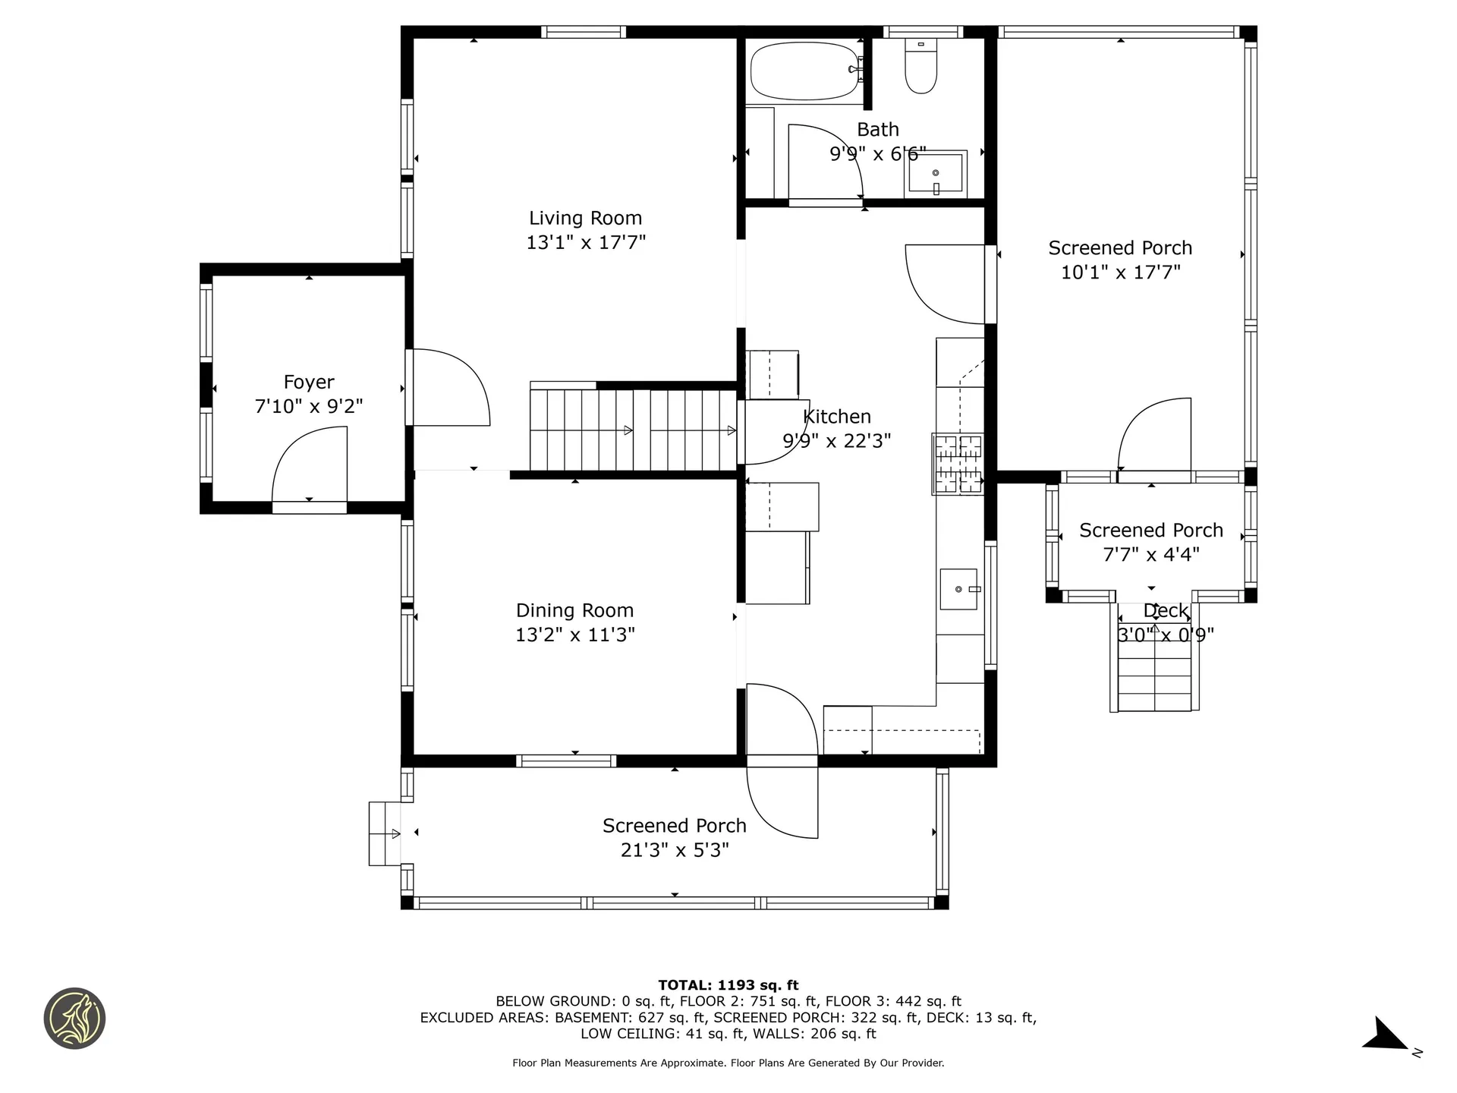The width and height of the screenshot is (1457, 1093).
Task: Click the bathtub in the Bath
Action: pos(804,71)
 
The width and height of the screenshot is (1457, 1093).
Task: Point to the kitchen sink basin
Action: pos(959,589)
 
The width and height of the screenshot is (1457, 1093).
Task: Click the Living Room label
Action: pos(585,218)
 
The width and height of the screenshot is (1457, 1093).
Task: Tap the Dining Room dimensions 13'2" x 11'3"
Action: pos(574,635)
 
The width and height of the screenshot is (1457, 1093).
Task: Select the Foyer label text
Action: pos(308,382)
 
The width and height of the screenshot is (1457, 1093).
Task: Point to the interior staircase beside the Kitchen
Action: pos(632,430)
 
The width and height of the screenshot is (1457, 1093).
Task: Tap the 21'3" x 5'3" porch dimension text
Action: pos(674,850)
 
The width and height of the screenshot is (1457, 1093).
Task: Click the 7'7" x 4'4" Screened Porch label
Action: pos(1150,542)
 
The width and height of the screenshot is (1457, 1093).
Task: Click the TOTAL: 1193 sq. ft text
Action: pos(728,985)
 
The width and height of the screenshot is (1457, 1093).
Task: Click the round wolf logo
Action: pos(74,1019)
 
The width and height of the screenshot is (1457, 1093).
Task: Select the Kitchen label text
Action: pos(837,416)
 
